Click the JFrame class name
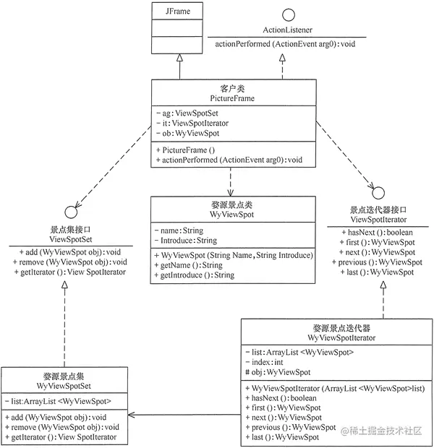(177, 12)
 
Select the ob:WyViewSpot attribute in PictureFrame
(190, 134)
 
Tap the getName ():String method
(192, 265)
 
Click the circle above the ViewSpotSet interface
(69, 213)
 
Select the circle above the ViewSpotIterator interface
(378, 192)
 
